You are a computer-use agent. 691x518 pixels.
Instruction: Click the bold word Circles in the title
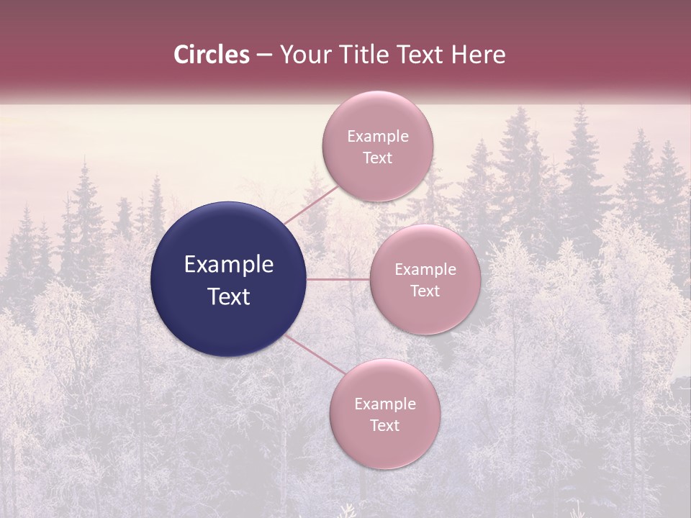point(211,55)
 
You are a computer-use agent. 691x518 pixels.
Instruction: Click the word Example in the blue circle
point(229,265)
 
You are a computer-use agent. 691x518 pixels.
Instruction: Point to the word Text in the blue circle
point(229,296)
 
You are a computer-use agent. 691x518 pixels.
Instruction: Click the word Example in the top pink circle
point(378,137)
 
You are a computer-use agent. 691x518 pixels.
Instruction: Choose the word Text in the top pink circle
point(377,158)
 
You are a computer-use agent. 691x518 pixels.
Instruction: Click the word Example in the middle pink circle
point(425,270)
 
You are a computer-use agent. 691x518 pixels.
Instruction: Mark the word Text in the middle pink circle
point(425,291)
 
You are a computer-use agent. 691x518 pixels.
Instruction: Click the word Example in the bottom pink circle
point(385,404)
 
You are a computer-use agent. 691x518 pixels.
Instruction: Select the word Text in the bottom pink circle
point(384,426)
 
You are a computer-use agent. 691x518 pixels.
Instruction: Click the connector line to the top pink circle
point(312,205)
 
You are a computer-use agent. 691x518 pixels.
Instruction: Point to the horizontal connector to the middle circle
point(338,279)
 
